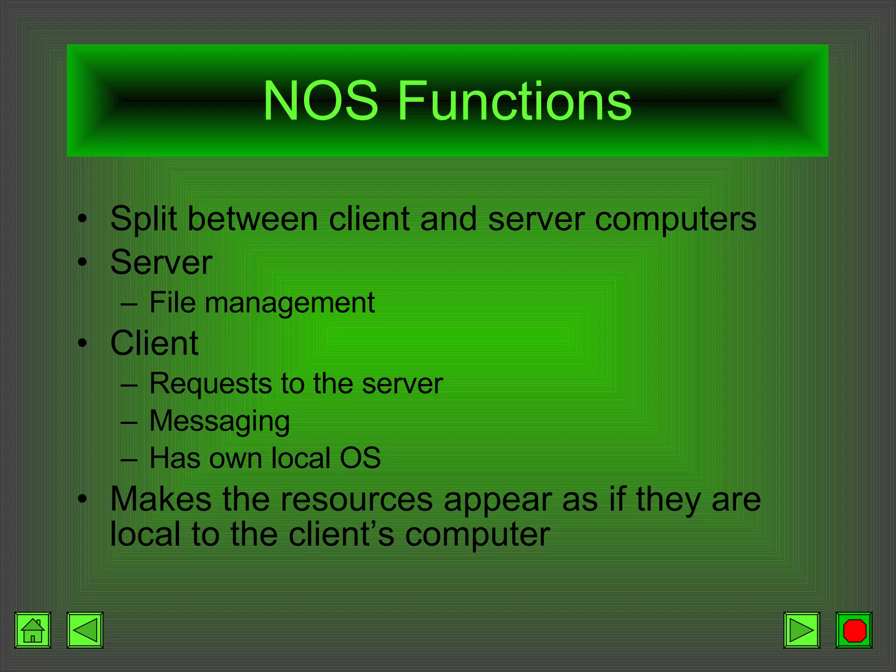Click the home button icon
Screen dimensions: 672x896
point(33,630)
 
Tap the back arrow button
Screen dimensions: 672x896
point(85,630)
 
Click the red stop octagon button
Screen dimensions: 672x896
point(854,630)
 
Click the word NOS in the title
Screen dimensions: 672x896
point(320,101)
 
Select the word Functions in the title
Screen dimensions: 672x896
point(514,101)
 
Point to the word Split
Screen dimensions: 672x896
point(143,219)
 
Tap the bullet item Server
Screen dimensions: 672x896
point(161,262)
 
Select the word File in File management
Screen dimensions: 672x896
point(172,302)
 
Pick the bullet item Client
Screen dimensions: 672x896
point(154,343)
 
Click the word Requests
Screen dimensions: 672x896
point(211,384)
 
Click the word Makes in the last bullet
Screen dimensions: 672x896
point(161,499)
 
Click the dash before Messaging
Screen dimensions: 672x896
point(129,423)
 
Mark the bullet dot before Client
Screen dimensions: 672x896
point(82,344)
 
